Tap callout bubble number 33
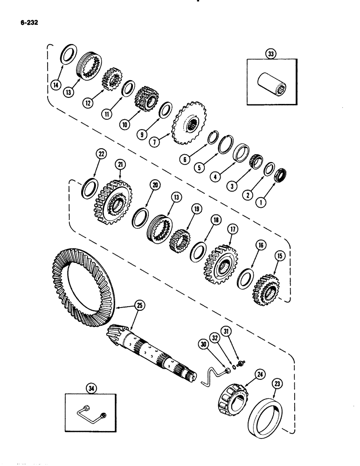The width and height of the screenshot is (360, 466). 270,54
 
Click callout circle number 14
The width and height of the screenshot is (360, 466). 56,85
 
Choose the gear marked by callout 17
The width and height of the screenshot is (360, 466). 220,265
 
